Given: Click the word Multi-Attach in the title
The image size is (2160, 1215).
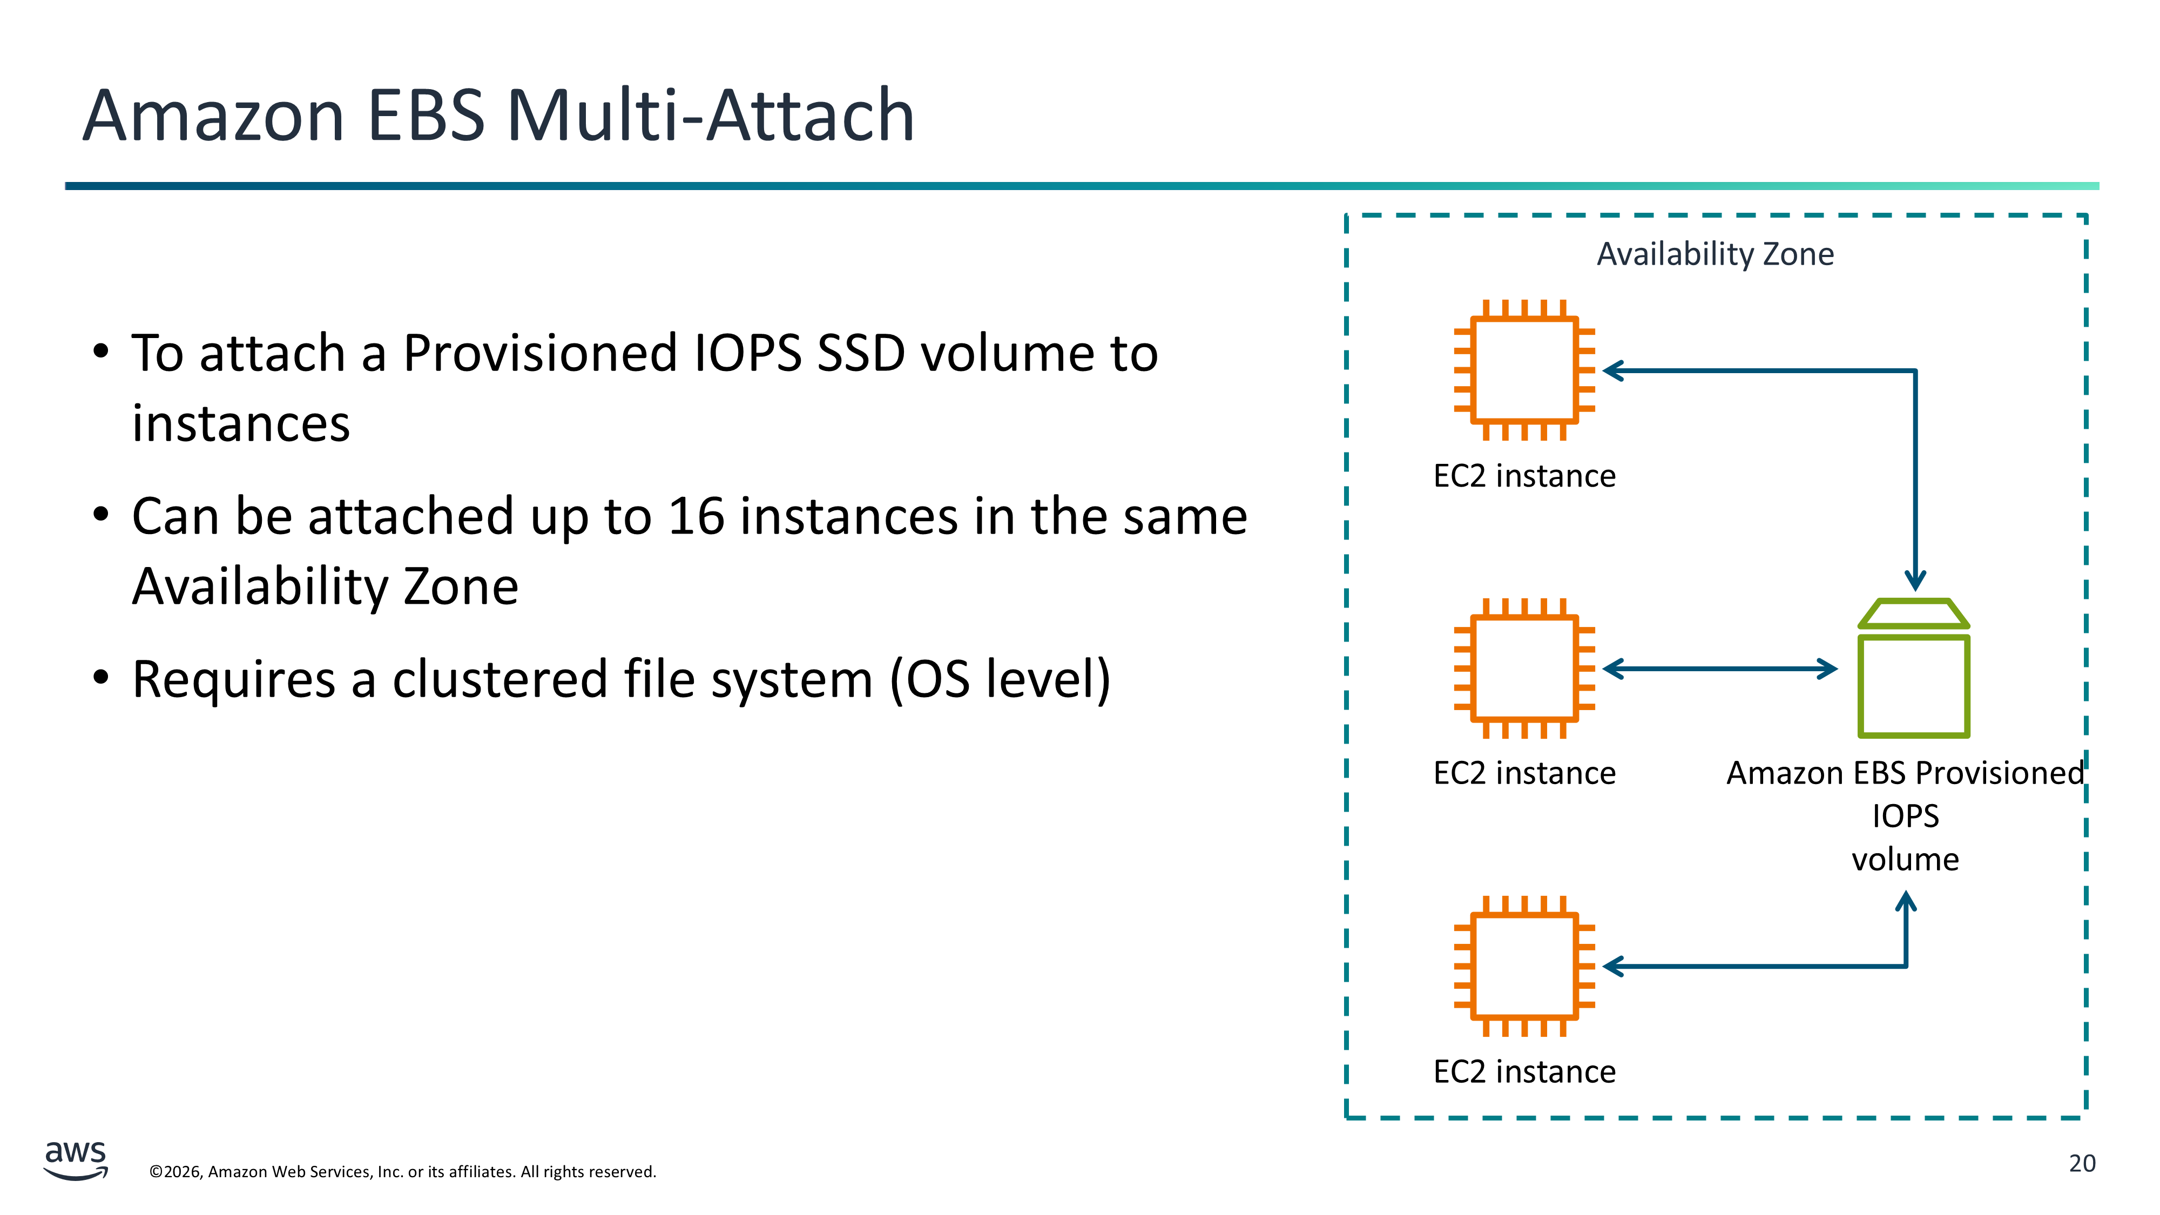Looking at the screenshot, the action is point(710,115).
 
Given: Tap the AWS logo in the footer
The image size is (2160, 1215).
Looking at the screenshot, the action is point(76,1160).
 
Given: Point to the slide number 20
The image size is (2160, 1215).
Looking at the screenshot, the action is point(2082,1164).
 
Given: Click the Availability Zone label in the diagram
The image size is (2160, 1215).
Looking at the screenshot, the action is point(1714,253).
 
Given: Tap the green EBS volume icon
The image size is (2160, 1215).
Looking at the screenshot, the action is point(1913,669).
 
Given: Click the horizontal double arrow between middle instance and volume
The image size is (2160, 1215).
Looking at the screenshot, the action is point(1720,669).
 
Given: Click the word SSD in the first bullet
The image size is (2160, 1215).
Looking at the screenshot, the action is point(861,353).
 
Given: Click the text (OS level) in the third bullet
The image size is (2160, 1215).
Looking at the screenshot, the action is point(1000,680).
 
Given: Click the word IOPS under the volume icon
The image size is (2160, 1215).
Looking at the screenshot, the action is point(1905,816).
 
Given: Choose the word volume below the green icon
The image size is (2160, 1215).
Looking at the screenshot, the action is point(1905,860).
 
